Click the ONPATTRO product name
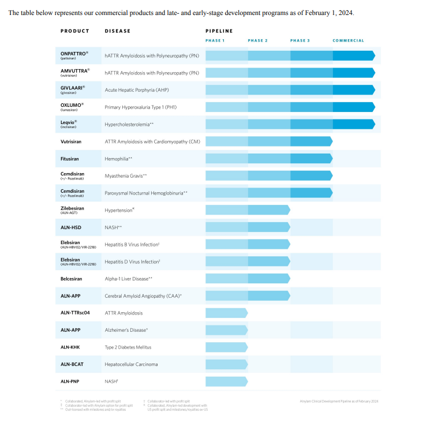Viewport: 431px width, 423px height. coord(73,53)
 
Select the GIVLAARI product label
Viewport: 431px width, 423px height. coord(72,88)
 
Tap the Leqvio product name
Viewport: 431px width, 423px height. coord(68,122)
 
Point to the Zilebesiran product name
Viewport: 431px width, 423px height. coord(73,208)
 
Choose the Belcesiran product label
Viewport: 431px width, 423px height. coord(73,278)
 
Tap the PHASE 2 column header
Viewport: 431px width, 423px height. coord(257,40)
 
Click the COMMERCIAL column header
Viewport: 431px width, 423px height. coord(348,40)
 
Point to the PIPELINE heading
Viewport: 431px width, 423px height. coord(219,31)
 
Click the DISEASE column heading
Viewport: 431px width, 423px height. coord(118,31)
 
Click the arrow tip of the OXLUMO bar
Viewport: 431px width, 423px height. coord(373,107)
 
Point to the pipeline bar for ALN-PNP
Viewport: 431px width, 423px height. coord(226,381)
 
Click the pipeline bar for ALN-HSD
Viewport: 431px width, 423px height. coord(248,227)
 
